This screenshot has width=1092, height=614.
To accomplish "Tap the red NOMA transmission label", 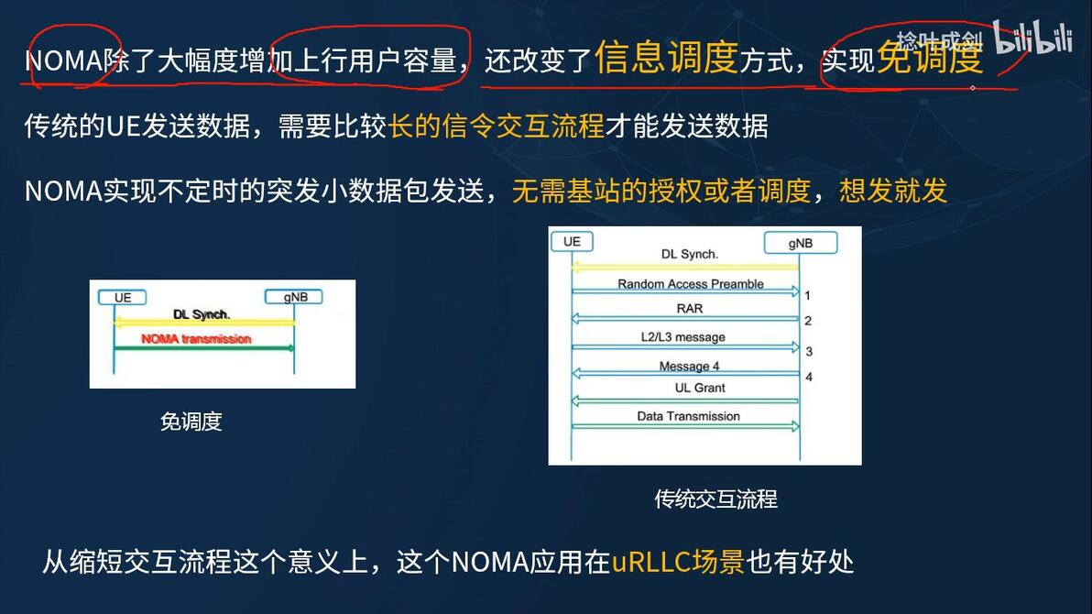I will click(x=196, y=339).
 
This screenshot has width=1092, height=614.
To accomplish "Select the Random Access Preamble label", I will click(x=690, y=284).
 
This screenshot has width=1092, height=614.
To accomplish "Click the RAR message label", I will click(x=690, y=309).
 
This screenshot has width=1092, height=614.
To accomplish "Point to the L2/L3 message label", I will click(x=682, y=337).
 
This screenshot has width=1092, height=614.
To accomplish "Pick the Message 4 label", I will click(x=689, y=367).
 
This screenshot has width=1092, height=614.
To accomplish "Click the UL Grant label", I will click(x=700, y=388).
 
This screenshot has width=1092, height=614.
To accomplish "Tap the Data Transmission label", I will click(x=688, y=416).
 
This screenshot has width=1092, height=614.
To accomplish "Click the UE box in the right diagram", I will click(x=572, y=242).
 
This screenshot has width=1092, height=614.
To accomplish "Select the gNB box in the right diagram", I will click(x=800, y=243).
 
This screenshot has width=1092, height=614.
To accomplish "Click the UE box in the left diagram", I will click(x=123, y=298).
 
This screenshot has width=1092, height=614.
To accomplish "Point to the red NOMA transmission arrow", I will click(x=204, y=348).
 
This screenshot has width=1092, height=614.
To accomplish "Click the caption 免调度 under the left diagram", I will click(x=191, y=422).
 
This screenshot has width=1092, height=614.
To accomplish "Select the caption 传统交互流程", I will click(x=715, y=499).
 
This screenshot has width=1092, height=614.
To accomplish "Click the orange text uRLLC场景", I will click(x=678, y=561).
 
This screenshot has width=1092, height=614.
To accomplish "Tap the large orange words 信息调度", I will click(x=666, y=59).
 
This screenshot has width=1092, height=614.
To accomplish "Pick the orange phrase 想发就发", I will click(x=893, y=191).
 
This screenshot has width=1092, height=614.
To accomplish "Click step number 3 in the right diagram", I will click(x=809, y=352).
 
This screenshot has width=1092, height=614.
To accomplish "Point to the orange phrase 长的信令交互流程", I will click(x=497, y=126).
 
